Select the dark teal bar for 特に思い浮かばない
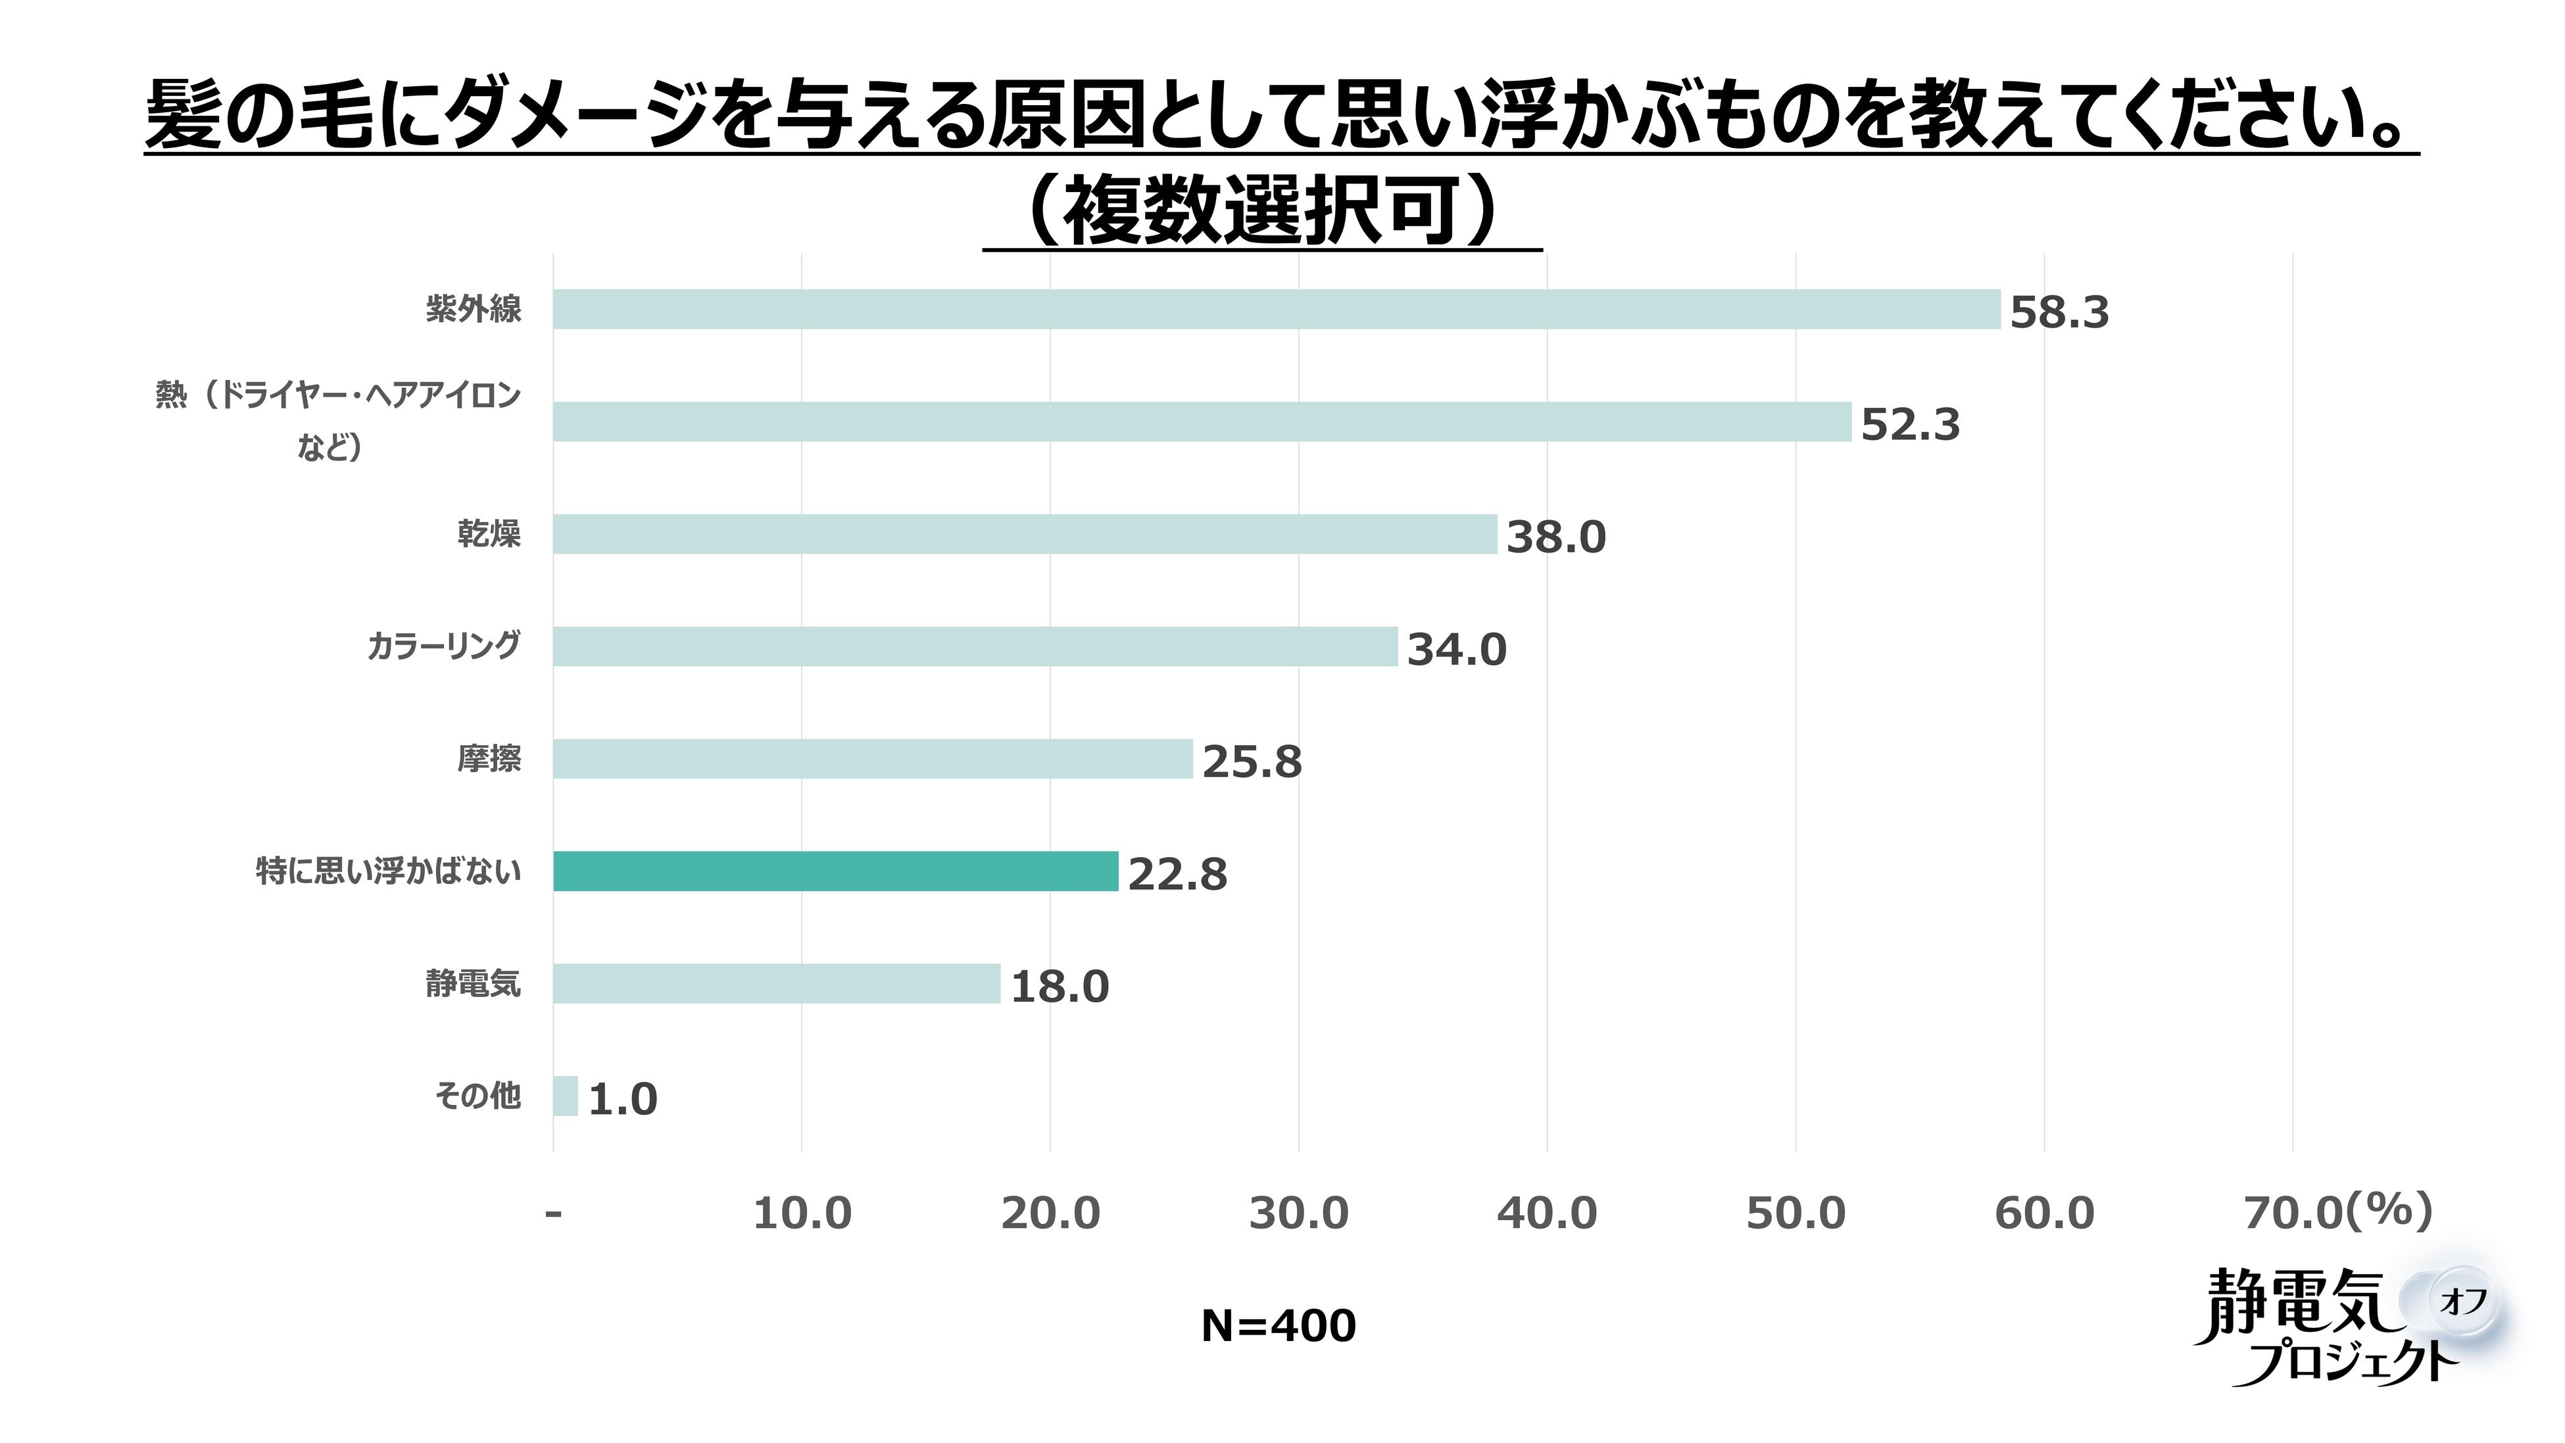[x=837, y=871]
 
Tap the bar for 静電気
[x=777, y=984]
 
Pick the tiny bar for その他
[x=566, y=1096]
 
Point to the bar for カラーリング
[x=976, y=647]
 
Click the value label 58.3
[x=2059, y=312]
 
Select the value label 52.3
[x=1910, y=426]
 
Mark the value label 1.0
[x=623, y=1100]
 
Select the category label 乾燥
[x=489, y=535]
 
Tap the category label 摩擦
[x=489, y=760]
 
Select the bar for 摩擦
[x=873, y=759]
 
